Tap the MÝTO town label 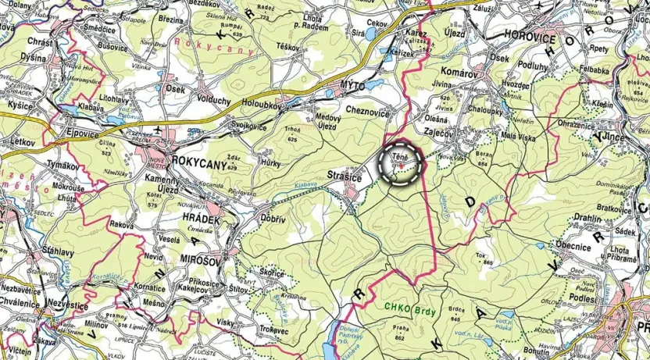click(354, 83)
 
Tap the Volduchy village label click(212, 100)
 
